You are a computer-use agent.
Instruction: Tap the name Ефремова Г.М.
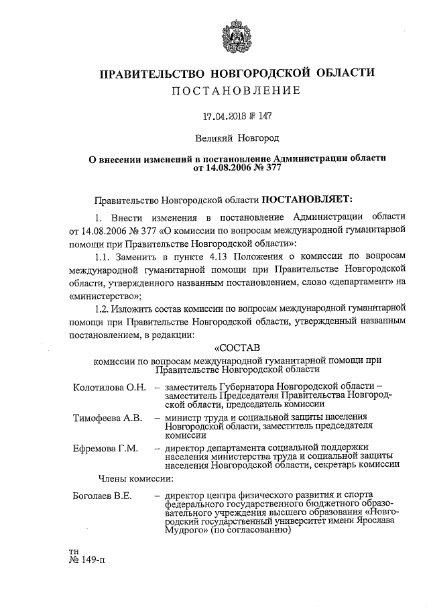pos(105,447)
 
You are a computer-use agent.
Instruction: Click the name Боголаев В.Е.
pos(102,496)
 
